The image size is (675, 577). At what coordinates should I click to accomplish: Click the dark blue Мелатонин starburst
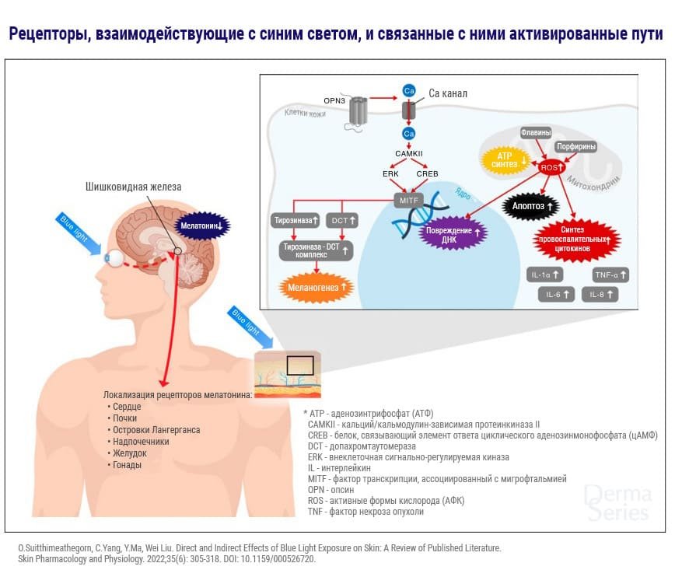200,225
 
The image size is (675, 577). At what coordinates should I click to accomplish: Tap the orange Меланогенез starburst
317,287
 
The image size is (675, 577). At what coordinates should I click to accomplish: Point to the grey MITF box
407,201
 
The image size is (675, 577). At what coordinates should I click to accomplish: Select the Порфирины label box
575,145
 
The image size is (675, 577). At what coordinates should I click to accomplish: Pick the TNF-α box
610,275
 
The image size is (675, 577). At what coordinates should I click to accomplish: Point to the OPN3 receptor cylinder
357,111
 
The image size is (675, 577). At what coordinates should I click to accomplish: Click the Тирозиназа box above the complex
292,221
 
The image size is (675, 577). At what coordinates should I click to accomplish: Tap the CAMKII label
408,155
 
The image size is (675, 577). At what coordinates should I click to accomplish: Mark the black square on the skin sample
299,367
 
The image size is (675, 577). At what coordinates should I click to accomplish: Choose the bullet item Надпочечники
138,441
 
